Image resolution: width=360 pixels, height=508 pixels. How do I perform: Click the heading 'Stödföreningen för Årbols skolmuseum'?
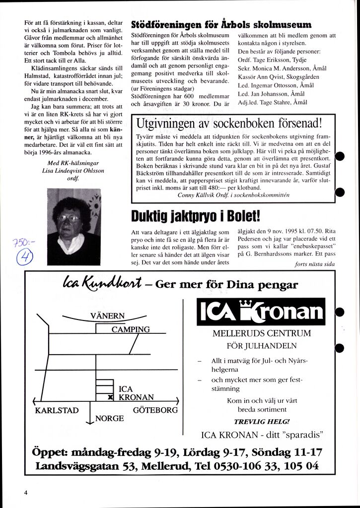221,25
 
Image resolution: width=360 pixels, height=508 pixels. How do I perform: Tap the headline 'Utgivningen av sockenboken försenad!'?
229,123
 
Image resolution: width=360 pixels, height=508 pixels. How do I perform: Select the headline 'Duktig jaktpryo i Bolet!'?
195,216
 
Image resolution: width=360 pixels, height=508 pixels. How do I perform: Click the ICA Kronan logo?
261,312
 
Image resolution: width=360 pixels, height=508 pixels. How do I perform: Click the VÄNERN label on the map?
108,316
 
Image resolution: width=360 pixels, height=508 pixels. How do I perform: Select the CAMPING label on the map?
130,329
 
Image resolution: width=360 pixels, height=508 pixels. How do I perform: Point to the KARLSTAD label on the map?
57,410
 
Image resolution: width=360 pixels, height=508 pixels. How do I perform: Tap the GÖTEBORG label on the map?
155,410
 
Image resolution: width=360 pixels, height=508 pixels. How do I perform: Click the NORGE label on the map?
109,418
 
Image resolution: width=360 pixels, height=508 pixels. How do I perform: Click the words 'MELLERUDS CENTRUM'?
261,333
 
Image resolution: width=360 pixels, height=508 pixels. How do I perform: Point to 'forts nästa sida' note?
315,264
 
